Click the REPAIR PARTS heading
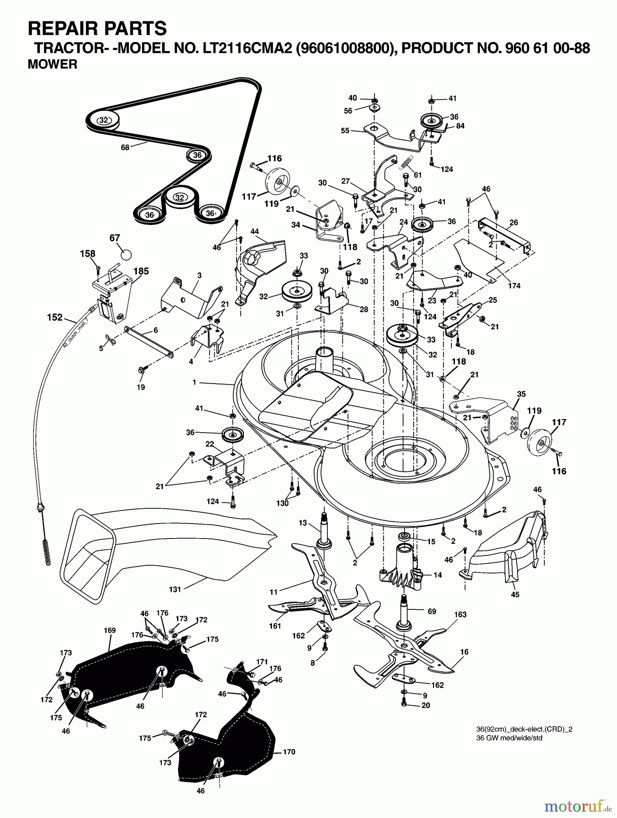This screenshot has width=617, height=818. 97,28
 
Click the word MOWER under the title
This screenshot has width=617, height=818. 52,65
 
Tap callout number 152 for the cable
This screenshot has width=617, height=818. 54,317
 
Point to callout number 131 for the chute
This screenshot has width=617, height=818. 175,589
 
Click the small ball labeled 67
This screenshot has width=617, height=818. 126,254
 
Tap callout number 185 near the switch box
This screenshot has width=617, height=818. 141,271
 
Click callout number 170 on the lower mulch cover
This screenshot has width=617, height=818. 289,752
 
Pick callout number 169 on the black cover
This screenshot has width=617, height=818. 109,630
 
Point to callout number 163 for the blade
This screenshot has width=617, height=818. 460,614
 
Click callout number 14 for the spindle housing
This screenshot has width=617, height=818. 438,575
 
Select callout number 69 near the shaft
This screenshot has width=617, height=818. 432,611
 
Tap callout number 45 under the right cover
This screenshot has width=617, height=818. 515,594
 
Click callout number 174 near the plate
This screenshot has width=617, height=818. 514,286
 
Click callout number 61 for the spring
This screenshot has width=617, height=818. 418,175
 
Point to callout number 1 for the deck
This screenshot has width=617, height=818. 194,383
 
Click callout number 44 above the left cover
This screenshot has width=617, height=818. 255,231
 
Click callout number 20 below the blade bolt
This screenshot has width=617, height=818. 425,705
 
